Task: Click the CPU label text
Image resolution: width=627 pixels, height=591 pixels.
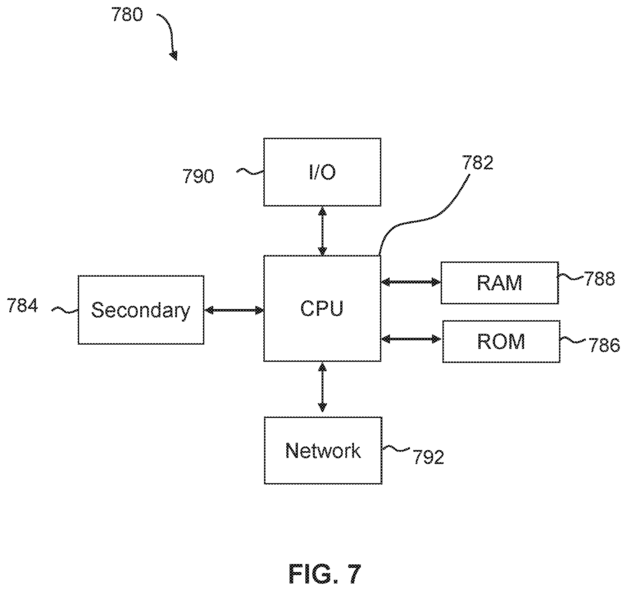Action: point(322,308)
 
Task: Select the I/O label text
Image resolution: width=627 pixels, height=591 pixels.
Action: point(322,172)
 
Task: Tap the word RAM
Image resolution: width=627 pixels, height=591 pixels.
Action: point(500,283)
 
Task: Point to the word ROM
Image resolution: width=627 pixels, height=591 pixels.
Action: point(501,341)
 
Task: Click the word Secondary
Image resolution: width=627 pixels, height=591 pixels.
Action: point(141,310)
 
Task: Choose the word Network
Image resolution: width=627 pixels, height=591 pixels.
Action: point(323,450)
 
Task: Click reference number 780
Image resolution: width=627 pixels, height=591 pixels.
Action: point(127,15)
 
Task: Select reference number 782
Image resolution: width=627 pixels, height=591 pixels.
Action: point(477,163)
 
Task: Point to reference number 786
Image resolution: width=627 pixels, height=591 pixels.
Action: point(604,345)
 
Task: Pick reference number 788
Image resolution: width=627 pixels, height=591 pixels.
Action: point(599,278)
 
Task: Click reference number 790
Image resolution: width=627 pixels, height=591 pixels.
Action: point(198,176)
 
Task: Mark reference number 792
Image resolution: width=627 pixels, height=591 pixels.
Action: point(428,457)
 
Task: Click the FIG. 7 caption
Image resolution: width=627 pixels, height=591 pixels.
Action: point(324,574)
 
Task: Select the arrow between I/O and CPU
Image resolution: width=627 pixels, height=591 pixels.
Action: point(322,231)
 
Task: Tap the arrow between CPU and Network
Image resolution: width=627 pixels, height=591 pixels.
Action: point(322,387)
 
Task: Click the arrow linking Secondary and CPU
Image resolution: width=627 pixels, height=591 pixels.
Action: point(234,310)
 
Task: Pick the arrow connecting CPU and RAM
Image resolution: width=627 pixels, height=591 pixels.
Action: point(411,282)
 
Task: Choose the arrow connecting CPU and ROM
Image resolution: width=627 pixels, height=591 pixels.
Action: point(412,339)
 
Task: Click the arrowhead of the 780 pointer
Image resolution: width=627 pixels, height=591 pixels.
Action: point(174,56)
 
